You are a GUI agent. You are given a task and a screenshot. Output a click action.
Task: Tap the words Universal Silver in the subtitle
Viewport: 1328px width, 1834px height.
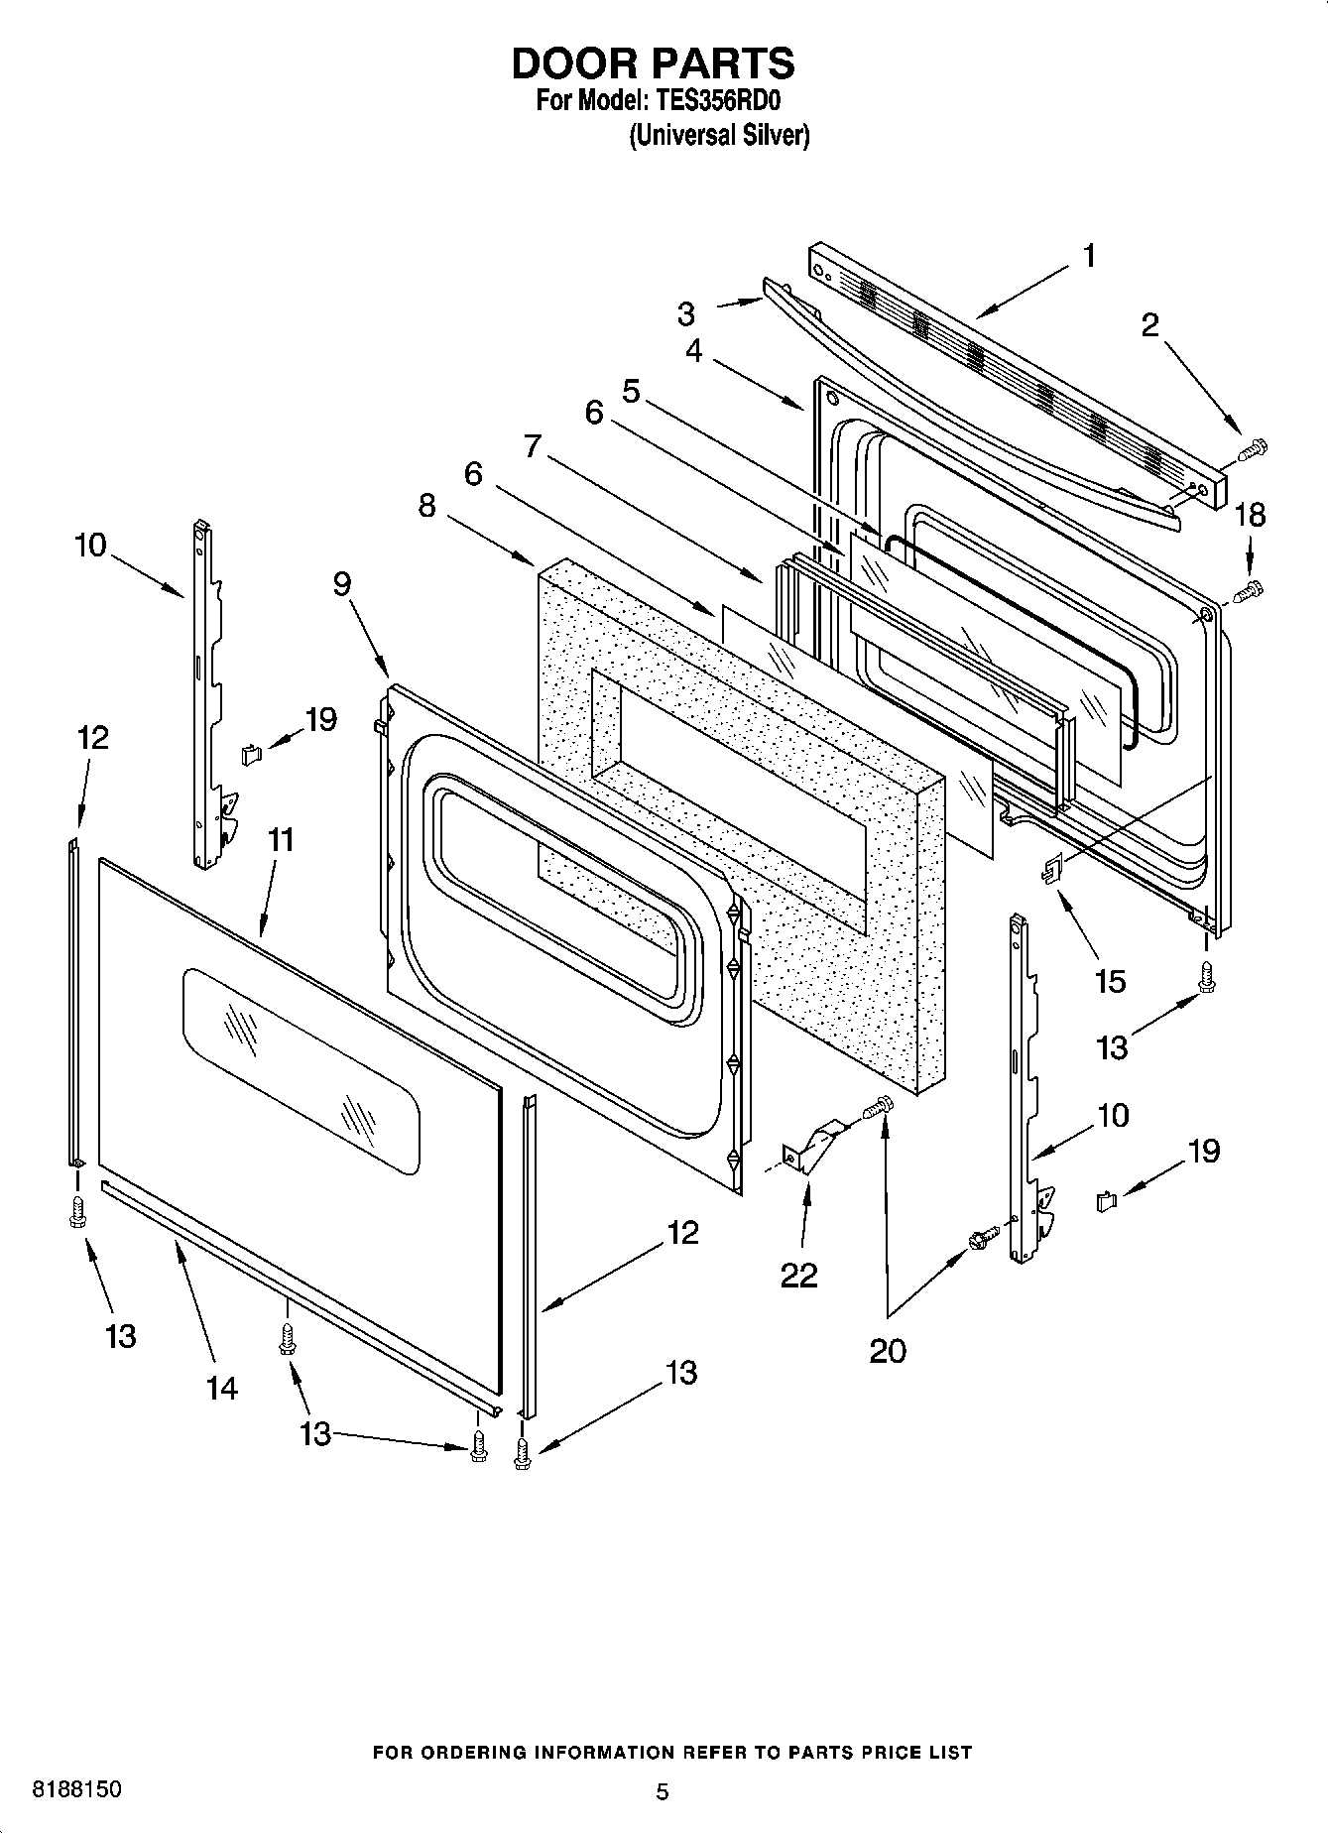(x=719, y=135)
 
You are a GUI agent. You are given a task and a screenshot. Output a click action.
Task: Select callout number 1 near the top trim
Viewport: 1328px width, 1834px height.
(x=1089, y=256)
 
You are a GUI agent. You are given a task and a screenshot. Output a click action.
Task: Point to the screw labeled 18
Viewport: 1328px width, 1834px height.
(x=1249, y=592)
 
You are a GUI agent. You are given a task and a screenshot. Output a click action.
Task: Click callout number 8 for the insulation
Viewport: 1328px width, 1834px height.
(x=426, y=506)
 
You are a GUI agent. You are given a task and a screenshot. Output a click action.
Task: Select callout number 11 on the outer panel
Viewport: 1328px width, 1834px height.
(x=281, y=840)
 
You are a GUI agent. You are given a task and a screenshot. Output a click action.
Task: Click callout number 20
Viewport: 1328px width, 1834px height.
(x=888, y=1351)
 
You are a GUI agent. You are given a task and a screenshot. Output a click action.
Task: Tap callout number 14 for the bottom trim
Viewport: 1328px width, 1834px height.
(x=222, y=1388)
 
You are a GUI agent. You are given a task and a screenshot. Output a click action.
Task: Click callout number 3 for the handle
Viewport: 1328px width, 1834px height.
(x=686, y=314)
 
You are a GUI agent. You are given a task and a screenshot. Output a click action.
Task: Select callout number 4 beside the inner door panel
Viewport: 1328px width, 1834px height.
(x=693, y=350)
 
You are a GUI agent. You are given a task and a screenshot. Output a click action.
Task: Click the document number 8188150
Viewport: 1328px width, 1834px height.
(x=77, y=1790)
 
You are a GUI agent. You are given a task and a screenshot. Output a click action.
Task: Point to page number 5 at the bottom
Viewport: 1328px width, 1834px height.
(x=663, y=1792)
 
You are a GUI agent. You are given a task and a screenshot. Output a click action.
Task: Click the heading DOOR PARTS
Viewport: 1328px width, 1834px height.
(x=653, y=63)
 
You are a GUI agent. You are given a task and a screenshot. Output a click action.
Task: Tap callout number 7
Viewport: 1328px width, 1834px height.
(x=533, y=446)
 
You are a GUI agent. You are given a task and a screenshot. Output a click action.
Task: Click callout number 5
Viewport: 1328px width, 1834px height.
(x=631, y=391)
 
